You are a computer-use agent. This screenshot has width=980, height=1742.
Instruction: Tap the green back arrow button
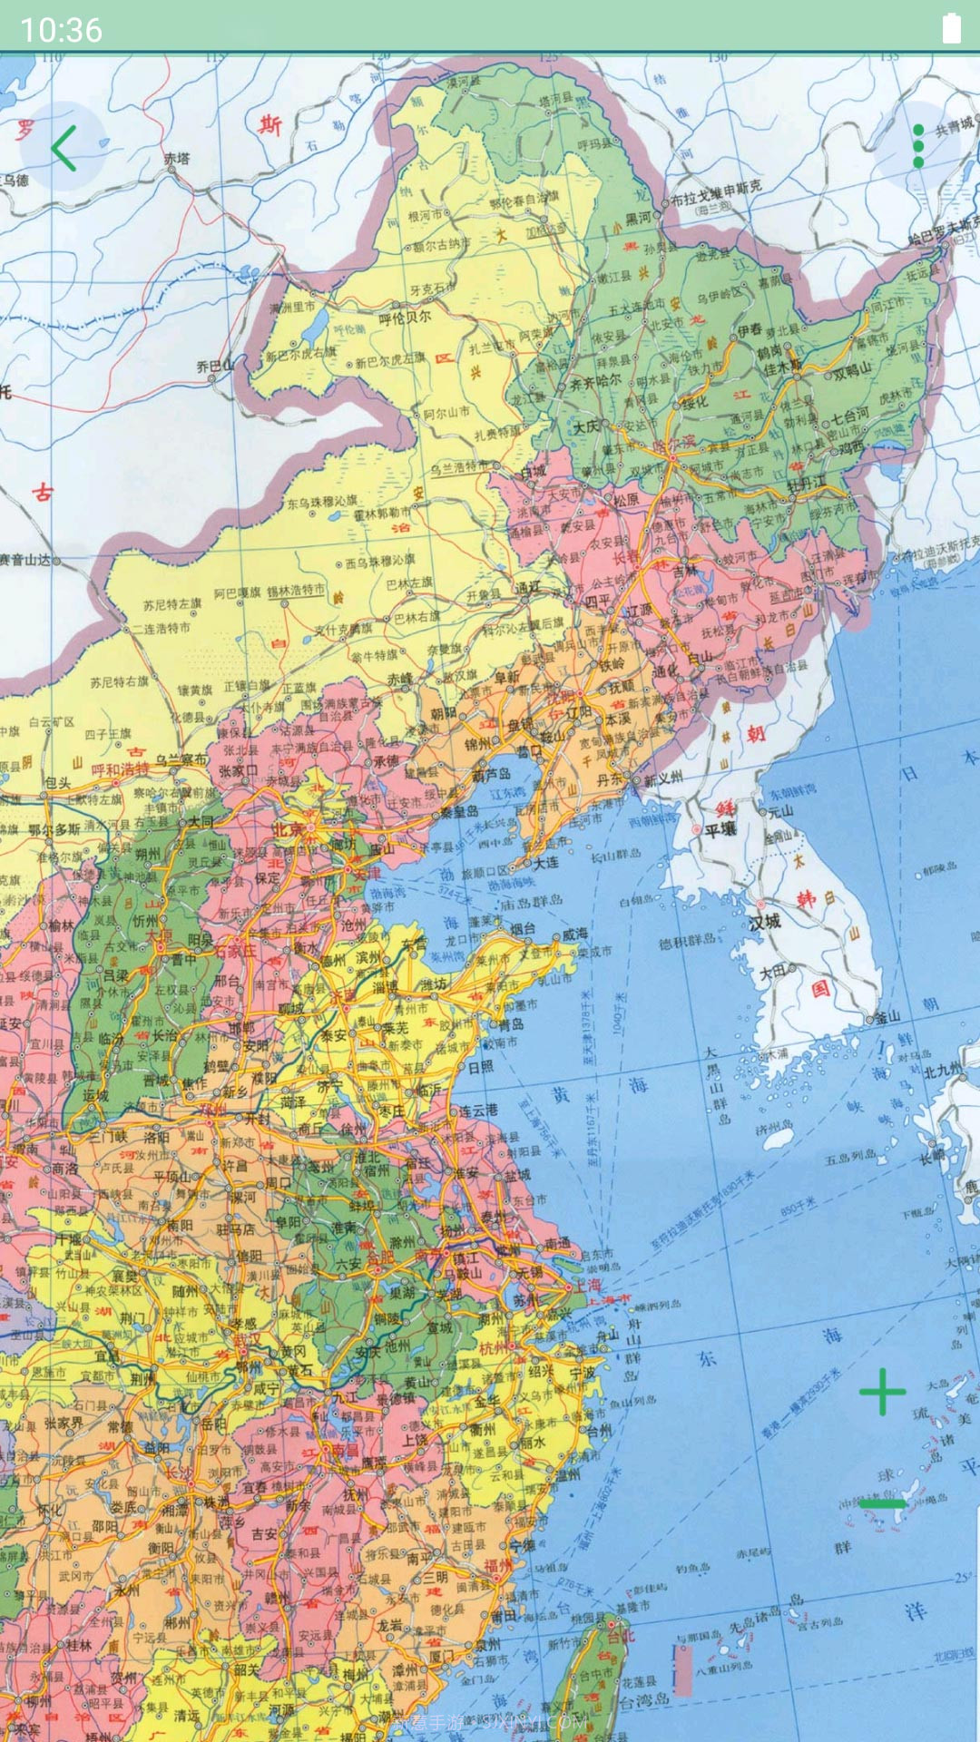click(63, 148)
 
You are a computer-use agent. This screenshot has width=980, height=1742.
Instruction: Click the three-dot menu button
click(918, 146)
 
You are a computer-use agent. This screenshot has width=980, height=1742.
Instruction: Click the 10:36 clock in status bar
click(61, 30)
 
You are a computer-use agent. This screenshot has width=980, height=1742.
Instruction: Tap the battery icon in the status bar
click(951, 28)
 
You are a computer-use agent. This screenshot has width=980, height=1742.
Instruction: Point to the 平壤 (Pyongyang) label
click(720, 829)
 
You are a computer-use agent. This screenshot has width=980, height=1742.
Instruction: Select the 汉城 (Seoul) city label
click(764, 922)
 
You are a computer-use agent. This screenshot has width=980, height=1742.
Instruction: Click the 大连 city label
click(546, 863)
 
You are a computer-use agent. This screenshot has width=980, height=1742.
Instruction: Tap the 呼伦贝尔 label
click(405, 318)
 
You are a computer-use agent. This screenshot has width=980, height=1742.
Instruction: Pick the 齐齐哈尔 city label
click(594, 382)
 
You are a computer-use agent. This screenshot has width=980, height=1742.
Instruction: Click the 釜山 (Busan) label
click(888, 1016)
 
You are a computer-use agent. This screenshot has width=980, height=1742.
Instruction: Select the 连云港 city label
click(478, 1110)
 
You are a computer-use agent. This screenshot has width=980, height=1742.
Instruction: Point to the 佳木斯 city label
click(781, 368)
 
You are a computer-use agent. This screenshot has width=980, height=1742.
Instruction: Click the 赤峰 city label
click(400, 679)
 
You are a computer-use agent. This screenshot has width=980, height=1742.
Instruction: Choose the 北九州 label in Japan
click(944, 1072)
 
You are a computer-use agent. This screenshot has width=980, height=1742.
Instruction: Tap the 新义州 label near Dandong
click(663, 778)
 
